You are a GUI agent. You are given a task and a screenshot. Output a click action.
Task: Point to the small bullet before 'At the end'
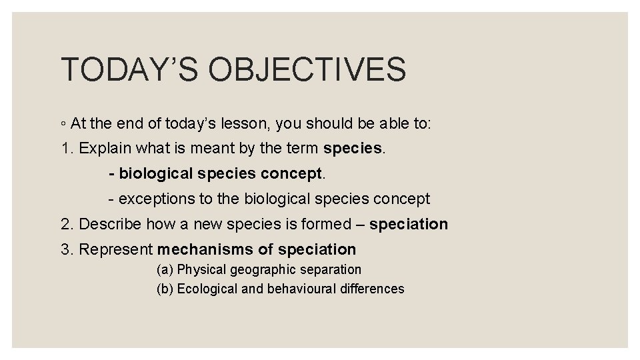[x=63, y=123]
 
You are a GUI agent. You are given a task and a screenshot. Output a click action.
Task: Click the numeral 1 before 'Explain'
[x=65, y=148]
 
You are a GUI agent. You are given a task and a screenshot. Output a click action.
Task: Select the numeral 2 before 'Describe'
[x=65, y=224]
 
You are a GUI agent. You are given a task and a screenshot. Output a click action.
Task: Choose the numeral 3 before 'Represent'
[x=65, y=249]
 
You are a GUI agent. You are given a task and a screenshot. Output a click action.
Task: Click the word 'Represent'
[x=116, y=249]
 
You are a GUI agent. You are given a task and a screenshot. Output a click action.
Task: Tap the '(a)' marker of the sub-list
[x=165, y=270]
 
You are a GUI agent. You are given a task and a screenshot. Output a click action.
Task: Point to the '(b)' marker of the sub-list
[x=165, y=289]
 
